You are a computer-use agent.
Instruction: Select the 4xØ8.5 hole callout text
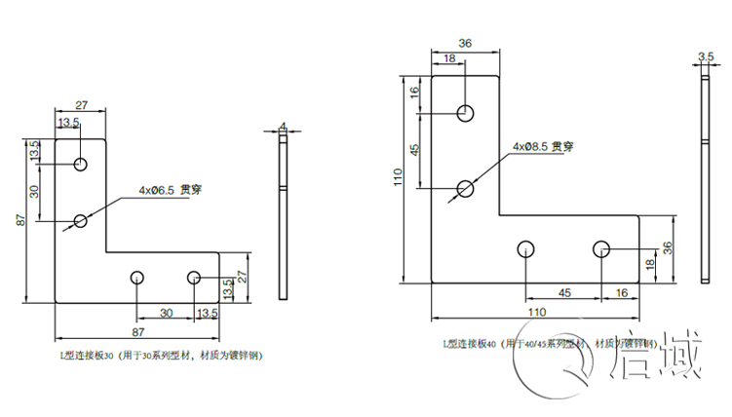coord(542,147)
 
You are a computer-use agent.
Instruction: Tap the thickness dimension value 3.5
coord(707,57)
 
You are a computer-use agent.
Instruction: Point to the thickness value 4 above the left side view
coord(283,126)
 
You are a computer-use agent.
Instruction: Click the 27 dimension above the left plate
coord(82,104)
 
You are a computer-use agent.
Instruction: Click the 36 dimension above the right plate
coord(465,44)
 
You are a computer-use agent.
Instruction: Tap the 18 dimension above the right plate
coord(449,59)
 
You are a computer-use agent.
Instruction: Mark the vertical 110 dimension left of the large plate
coord(398,179)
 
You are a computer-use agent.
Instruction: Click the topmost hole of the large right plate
coord(467,112)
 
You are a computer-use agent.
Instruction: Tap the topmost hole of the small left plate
coord(81,163)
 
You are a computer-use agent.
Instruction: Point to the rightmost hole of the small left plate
coord(194,279)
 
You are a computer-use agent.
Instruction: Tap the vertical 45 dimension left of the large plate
coord(414,151)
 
